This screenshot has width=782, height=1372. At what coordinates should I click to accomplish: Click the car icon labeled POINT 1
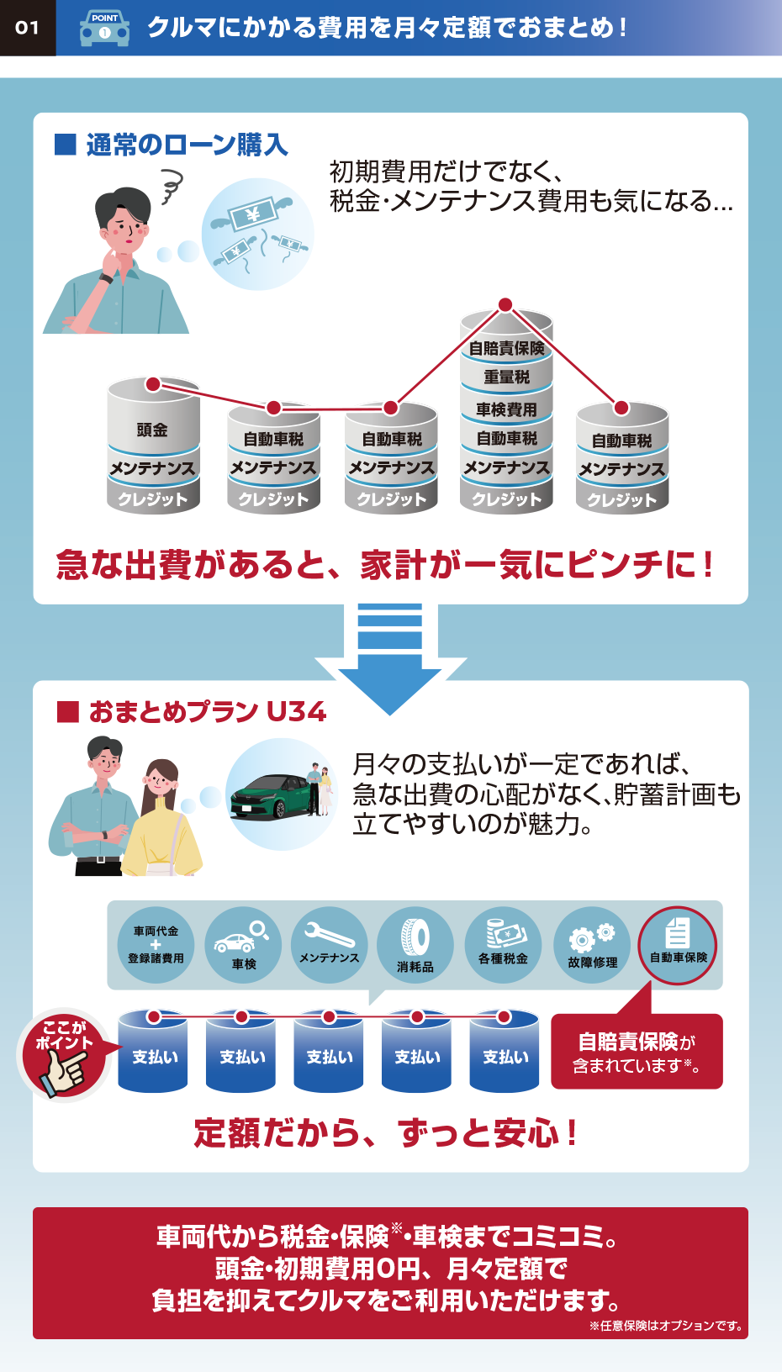(104, 28)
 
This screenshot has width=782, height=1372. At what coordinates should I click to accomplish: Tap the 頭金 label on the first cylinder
(152, 430)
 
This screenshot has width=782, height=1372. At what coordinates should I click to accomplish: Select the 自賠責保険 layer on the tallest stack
(506, 348)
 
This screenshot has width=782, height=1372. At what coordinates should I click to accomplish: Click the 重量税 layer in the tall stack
(506, 377)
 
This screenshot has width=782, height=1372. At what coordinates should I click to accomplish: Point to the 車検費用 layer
(506, 409)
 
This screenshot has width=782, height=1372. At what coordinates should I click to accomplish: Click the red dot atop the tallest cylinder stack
(505, 304)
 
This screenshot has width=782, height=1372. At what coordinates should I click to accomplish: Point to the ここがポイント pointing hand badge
(64, 1056)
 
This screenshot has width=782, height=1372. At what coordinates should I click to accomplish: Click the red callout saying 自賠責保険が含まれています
(637, 1052)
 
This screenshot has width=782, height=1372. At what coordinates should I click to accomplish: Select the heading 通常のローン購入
(186, 145)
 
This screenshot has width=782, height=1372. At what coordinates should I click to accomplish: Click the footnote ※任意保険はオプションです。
(666, 1326)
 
